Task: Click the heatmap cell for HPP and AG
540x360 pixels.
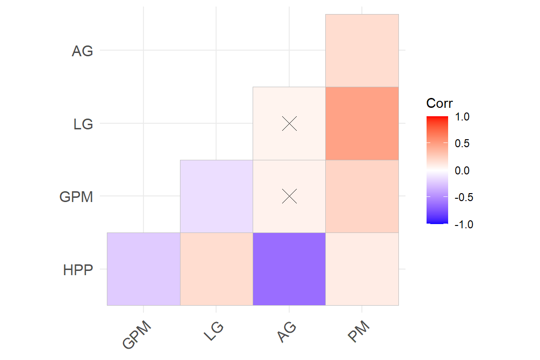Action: [289, 269]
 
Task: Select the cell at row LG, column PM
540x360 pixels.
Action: [362, 123]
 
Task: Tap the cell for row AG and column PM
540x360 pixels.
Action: [362, 51]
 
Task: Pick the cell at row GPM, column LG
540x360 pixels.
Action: [217, 196]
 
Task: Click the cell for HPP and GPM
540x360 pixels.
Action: [143, 269]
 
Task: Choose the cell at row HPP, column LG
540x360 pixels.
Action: [217, 269]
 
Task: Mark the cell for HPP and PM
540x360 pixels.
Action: [362, 269]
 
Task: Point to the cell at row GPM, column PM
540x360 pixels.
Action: [362, 196]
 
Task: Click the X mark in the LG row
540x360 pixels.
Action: [290, 123]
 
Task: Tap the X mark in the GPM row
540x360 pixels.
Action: [290, 196]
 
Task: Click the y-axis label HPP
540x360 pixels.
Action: [78, 270]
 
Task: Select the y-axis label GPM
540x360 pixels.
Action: [76, 197]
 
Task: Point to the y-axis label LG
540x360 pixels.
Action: [83, 125]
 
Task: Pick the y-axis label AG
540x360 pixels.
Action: [82, 52]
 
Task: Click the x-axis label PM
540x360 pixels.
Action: [360, 332]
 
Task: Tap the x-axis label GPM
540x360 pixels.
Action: [137, 335]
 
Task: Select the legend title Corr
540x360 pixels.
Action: [439, 103]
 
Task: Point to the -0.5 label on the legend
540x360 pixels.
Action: [464, 197]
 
